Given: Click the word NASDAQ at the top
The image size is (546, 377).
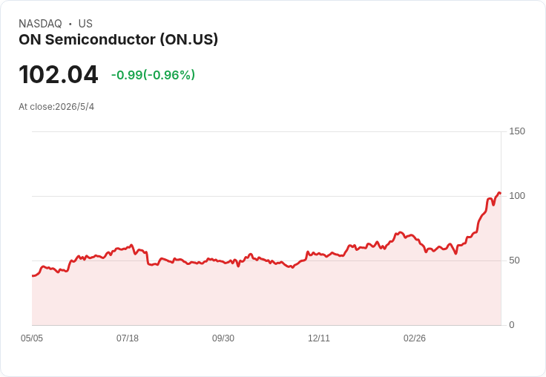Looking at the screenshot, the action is click(40, 24).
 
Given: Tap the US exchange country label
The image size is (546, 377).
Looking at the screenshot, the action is click(85, 24).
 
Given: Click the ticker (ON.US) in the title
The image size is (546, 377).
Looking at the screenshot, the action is click(189, 39).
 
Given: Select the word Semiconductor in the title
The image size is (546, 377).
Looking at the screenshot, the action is click(100, 39).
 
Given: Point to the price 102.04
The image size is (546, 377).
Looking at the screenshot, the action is click(59, 74).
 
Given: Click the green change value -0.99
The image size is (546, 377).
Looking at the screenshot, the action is click(127, 75).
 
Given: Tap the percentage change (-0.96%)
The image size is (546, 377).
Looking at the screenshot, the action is click(169, 75).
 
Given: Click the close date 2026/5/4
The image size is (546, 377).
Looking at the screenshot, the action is click(75, 107).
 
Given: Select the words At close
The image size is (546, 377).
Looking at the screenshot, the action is click(36, 107).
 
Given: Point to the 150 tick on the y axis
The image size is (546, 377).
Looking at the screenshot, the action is click(517, 131).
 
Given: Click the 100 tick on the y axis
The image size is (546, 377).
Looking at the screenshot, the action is click(517, 196).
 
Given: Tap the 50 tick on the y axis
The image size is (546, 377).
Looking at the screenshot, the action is click(514, 260).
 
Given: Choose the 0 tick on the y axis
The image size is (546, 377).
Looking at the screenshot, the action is click(512, 325).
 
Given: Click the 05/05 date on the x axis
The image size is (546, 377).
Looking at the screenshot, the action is click(32, 338).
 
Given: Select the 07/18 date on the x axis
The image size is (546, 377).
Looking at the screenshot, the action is click(128, 338).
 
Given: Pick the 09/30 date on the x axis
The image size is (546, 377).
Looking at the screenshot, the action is click(223, 338).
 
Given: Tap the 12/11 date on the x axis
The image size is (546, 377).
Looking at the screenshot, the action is click(318, 338).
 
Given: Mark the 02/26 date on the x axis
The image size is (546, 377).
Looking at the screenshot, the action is click(415, 338).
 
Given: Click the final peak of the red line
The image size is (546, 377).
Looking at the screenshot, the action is click(499, 192).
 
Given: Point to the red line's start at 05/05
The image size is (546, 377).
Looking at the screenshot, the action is click(33, 276).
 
